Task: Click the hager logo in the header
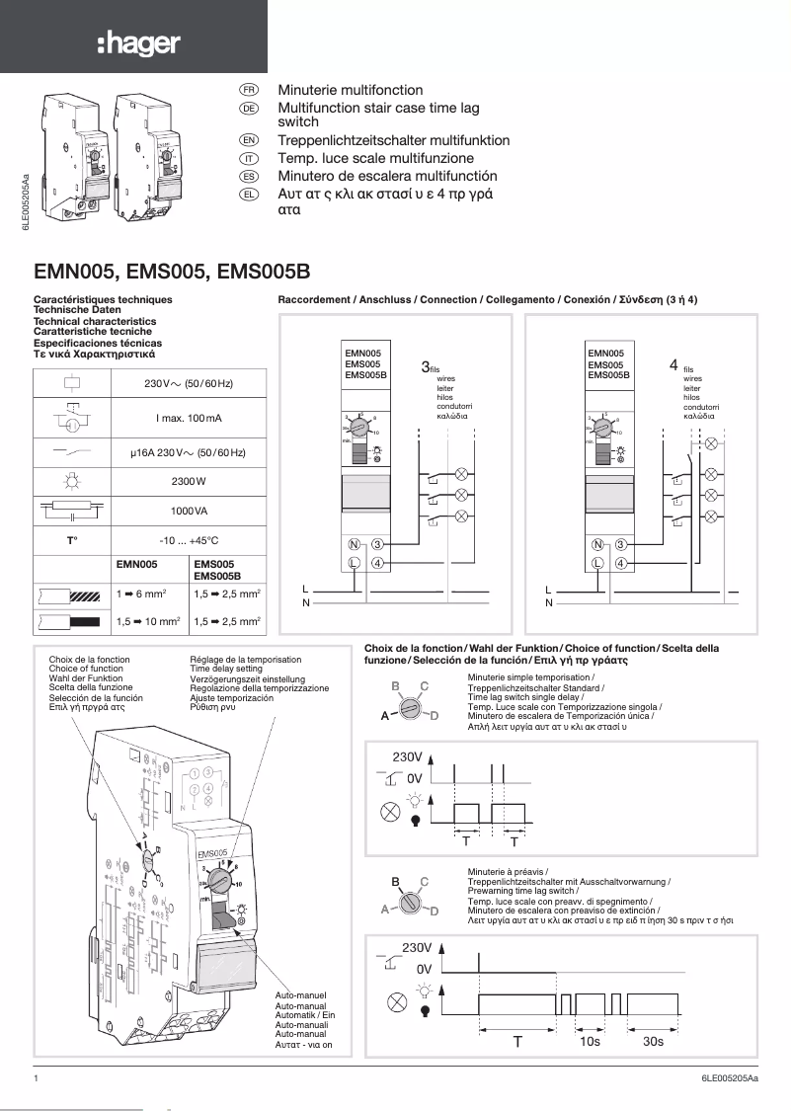pos(138,42)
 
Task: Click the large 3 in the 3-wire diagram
pos(425,366)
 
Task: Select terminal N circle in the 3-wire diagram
pos(354,544)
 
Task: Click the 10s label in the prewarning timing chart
pos(591,1041)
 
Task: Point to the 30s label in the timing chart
pos(653,1041)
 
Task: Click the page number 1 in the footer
pos(37,1080)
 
